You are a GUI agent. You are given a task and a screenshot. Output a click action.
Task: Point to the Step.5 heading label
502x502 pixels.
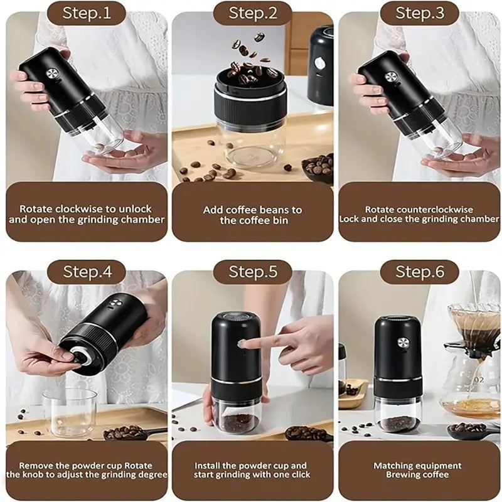252,272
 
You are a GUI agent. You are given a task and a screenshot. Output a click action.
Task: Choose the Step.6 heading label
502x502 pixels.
419,272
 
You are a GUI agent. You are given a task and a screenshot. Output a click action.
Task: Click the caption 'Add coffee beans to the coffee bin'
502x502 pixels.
252,215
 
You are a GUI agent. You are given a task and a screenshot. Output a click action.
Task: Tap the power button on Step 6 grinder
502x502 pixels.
402,343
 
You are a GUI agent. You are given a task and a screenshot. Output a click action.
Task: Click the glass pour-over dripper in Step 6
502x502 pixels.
474,321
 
